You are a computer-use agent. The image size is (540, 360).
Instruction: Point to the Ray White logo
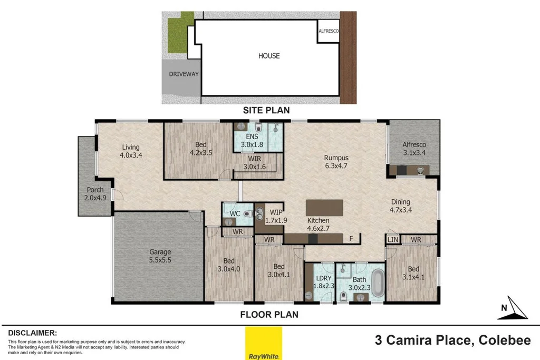(x=264, y=343)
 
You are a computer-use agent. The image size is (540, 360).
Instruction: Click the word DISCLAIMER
(x=32, y=333)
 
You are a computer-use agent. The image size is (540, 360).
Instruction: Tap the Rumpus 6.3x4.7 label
(x=336, y=161)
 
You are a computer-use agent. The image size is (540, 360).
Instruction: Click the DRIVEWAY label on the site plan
(x=184, y=74)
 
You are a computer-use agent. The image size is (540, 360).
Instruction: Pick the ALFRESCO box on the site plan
(x=329, y=32)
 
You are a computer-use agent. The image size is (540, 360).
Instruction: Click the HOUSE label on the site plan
(x=268, y=56)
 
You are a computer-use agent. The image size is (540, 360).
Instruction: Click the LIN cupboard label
(x=392, y=240)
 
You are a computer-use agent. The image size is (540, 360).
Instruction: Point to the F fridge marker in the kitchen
(x=351, y=238)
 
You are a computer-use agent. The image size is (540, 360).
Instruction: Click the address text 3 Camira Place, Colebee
(x=452, y=340)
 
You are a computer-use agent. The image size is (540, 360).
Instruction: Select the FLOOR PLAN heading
(x=269, y=315)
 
